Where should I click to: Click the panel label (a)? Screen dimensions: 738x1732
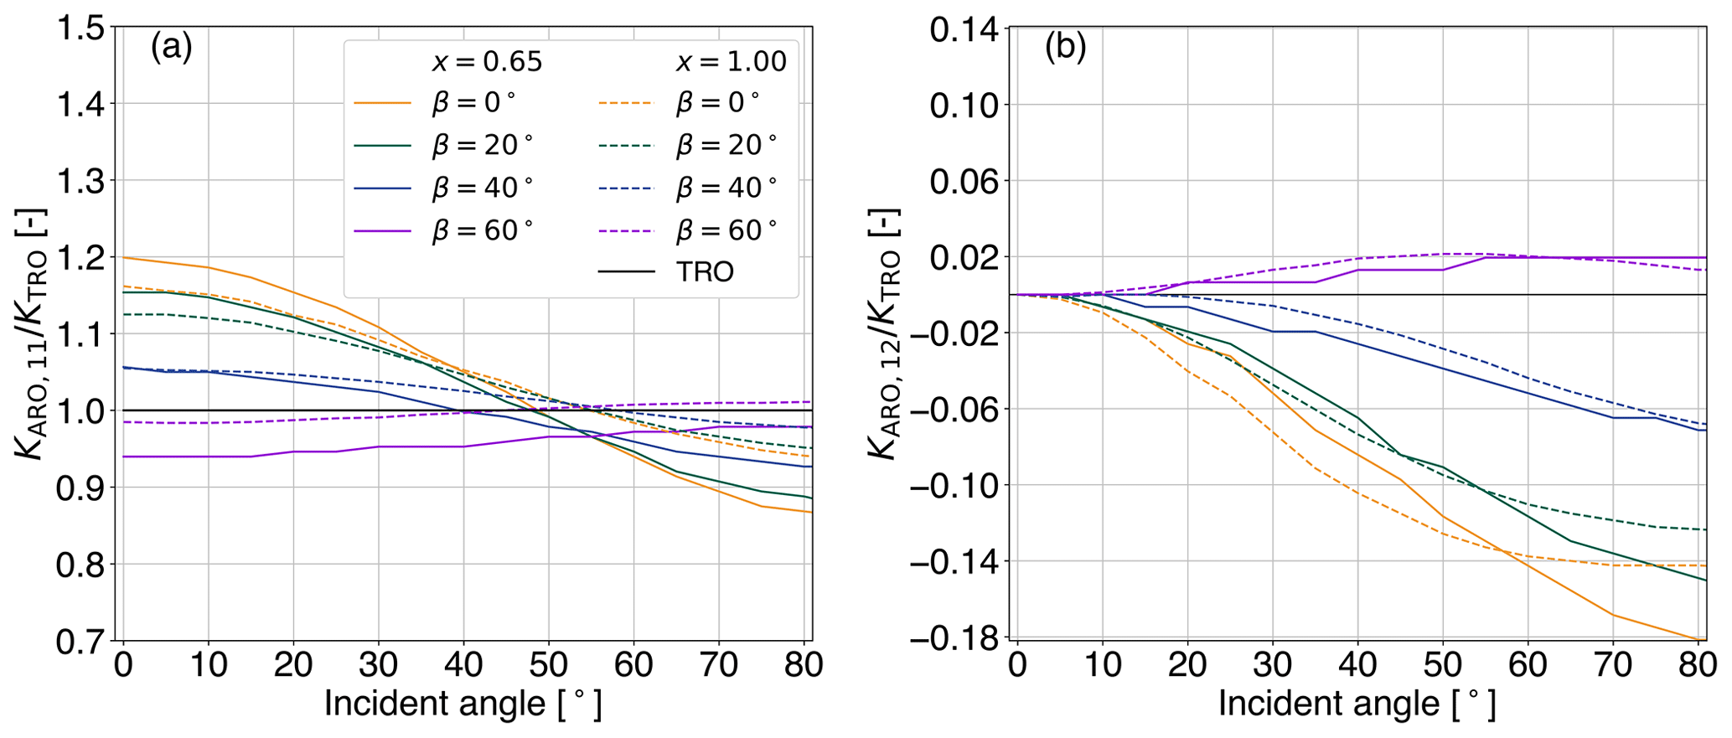(x=171, y=48)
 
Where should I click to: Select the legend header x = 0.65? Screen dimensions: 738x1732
(x=487, y=62)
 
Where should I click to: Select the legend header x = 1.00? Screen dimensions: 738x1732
(x=731, y=62)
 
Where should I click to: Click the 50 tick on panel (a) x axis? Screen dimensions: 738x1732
(x=548, y=665)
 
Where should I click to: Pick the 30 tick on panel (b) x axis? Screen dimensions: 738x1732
(x=1272, y=665)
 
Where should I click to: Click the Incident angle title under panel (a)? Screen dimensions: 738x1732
(x=463, y=704)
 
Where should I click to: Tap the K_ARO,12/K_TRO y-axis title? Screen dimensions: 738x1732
(x=884, y=333)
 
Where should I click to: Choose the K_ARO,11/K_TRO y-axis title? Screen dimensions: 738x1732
(x=31, y=333)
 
